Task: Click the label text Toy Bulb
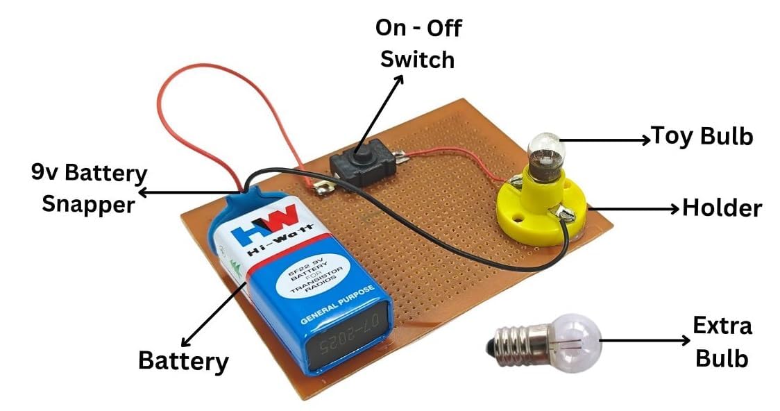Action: click(702, 136)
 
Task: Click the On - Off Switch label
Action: click(416, 44)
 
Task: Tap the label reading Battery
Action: click(183, 361)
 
